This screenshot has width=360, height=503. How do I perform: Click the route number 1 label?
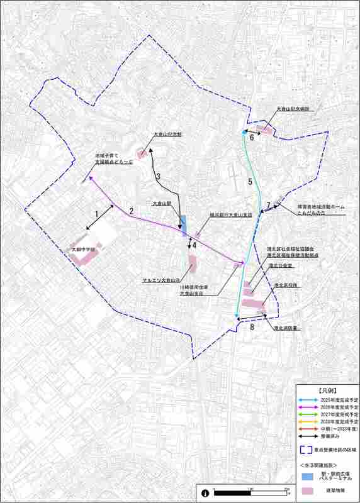click(96, 214)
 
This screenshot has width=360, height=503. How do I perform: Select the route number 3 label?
click(159, 176)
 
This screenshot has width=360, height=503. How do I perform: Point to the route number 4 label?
click(195, 245)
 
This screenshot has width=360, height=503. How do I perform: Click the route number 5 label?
click(250, 182)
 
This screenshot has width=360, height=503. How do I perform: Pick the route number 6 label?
click(251, 137)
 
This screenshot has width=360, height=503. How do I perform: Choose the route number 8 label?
click(252, 327)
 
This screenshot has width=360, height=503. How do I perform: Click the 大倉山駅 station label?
click(162, 204)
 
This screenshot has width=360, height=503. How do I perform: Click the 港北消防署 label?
click(285, 328)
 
